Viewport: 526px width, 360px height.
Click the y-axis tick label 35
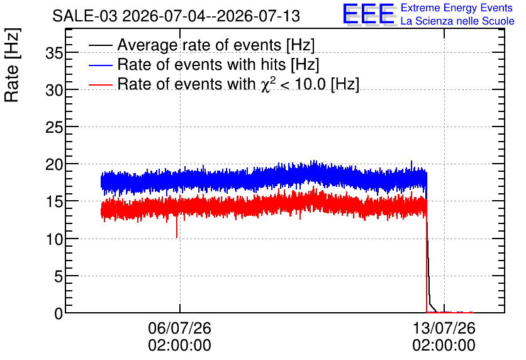(x=54, y=53)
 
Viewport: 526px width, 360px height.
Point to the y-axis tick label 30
(x=54, y=90)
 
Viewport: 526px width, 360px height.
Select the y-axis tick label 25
(x=54, y=127)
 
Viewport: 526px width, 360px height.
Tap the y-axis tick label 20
(x=54, y=164)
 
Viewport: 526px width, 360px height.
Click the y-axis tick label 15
(x=54, y=201)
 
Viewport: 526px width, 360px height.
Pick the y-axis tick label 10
(x=54, y=239)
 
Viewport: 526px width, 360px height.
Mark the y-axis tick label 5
(x=59, y=276)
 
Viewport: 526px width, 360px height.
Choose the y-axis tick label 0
(x=59, y=313)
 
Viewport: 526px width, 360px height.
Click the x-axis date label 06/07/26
(x=179, y=328)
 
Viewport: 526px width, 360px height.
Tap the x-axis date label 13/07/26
(x=444, y=328)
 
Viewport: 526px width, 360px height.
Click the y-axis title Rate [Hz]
(x=12, y=65)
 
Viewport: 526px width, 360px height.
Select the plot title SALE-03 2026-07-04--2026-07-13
(x=176, y=16)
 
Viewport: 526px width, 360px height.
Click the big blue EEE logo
(x=369, y=14)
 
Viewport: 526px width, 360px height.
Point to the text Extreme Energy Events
(x=457, y=8)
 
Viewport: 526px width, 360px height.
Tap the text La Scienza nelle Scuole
(x=457, y=21)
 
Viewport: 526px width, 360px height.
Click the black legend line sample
(x=100, y=45)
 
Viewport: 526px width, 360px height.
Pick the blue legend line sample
(x=100, y=64)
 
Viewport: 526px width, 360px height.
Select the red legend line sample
(x=100, y=84)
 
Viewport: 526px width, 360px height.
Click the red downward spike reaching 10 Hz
(x=176, y=227)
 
